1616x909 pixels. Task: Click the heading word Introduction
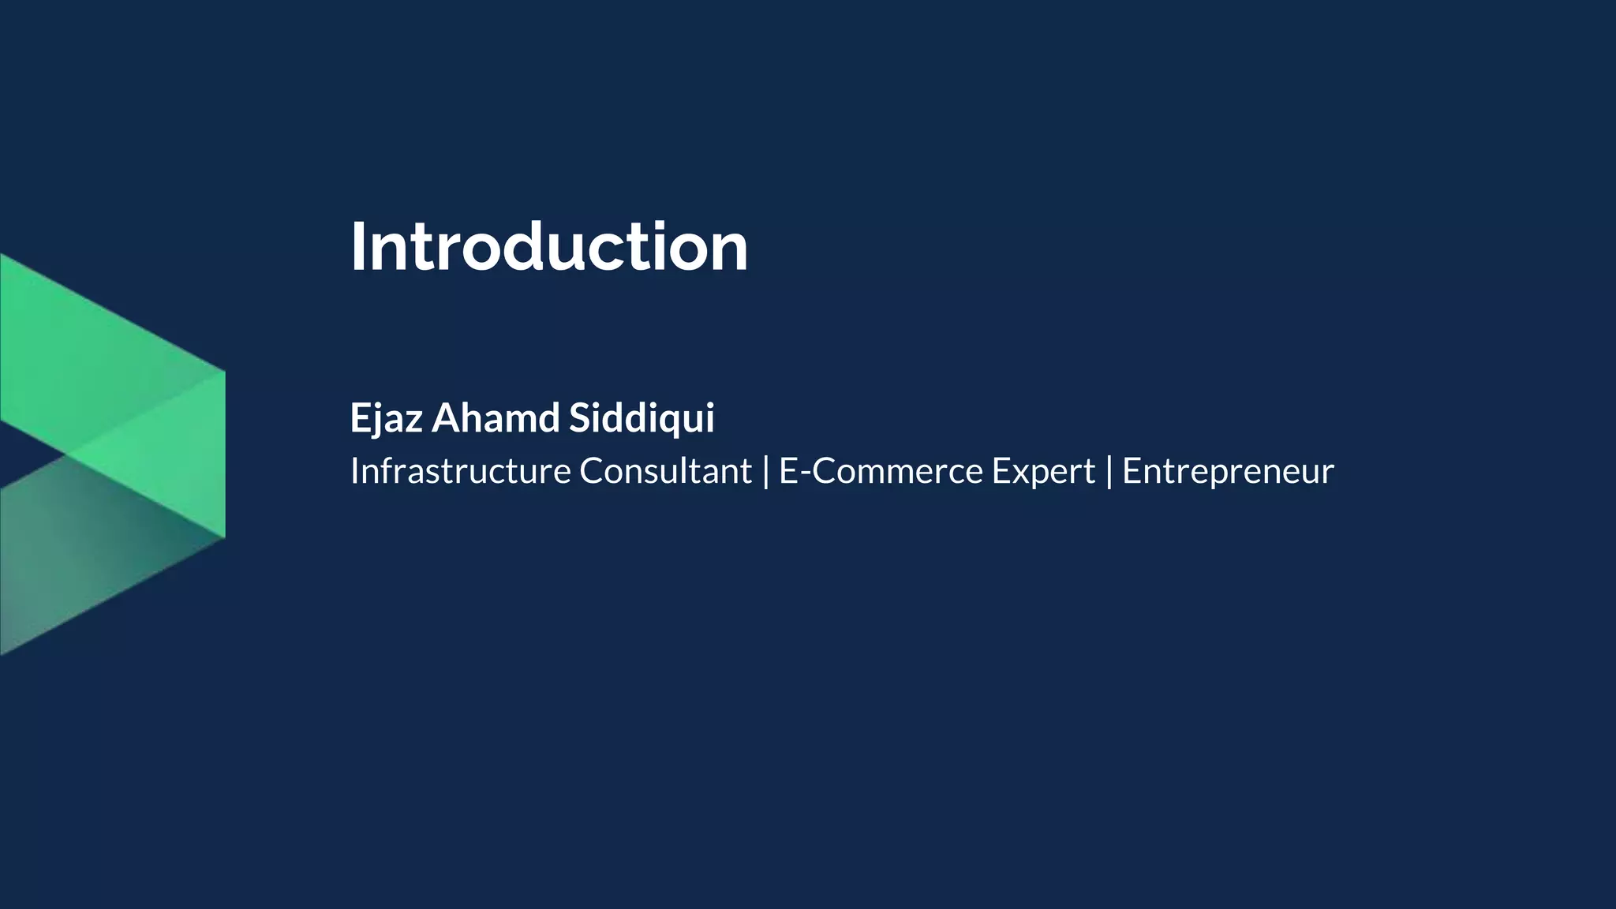click(x=549, y=248)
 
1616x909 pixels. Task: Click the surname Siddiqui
click(x=642, y=417)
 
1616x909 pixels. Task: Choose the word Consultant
click(x=665, y=471)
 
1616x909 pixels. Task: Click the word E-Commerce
click(x=881, y=471)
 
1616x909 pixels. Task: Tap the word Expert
click(x=1043, y=473)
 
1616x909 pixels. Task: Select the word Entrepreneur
click(x=1228, y=473)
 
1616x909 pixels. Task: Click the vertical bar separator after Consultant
click(x=765, y=471)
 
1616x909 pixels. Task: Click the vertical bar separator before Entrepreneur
click(x=1109, y=471)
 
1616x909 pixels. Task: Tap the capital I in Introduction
click(x=357, y=248)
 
